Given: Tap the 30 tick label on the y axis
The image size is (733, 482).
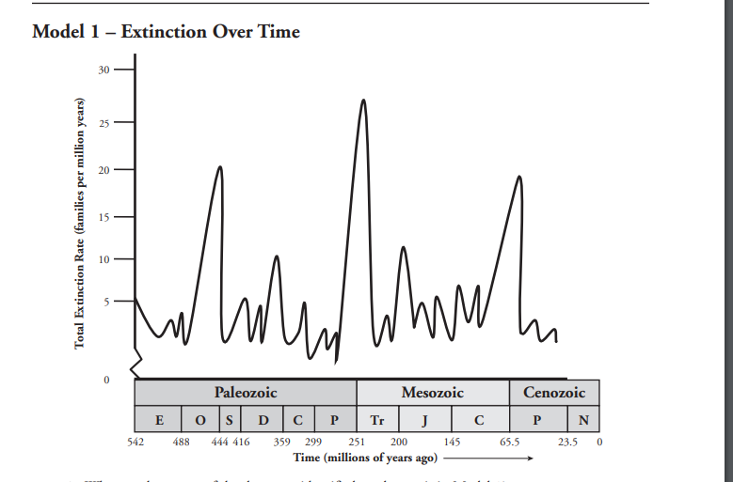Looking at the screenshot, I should (105, 70).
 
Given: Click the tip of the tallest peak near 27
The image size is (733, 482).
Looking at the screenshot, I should (363, 100).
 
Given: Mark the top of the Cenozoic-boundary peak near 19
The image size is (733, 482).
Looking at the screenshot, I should (518, 177).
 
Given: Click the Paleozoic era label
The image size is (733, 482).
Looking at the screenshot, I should (246, 393).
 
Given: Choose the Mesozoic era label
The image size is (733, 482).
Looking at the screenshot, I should (433, 393).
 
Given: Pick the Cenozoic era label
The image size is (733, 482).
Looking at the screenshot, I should (553, 393).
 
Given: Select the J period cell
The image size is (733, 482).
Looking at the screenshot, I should (426, 419).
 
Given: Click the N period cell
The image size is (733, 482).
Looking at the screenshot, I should (583, 419).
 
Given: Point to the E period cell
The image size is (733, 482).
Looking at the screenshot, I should (158, 419).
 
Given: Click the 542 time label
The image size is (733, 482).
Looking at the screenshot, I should (135, 441).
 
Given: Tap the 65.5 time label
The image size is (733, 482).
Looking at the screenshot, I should (509, 441).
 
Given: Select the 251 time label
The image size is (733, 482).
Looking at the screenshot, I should (357, 441).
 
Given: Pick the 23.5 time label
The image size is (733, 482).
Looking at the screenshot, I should (567, 441).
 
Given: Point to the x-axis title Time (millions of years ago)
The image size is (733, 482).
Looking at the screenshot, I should (365, 457).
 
